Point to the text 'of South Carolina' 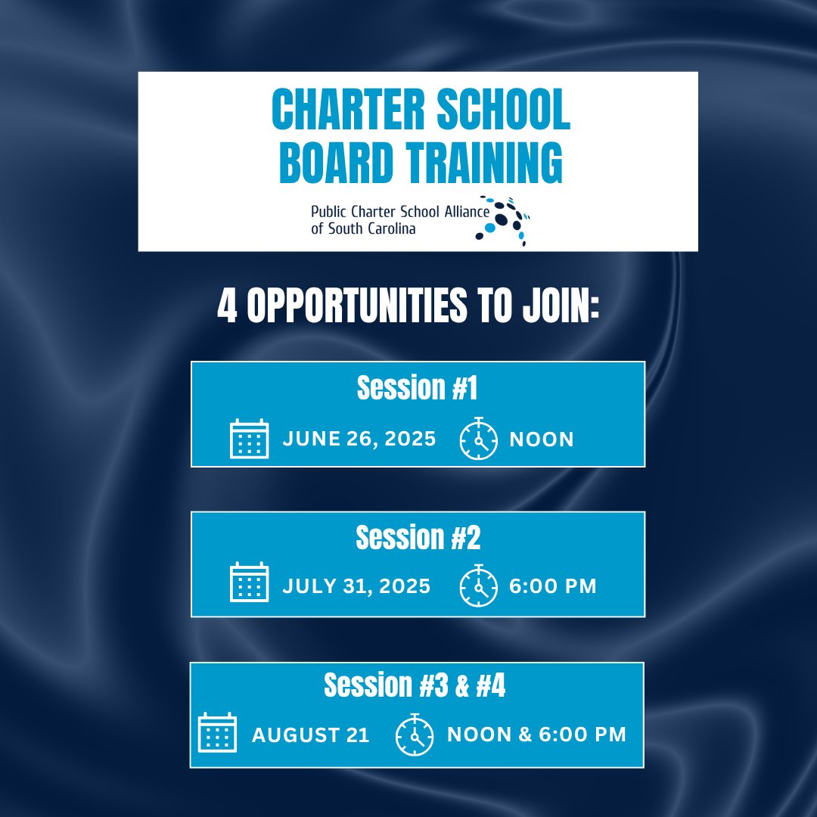tap(363, 228)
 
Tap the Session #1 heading tap(418, 389)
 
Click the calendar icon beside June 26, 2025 tap(249, 439)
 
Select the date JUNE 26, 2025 tap(359, 440)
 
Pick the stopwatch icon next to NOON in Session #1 tap(479, 439)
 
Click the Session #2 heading tap(418, 539)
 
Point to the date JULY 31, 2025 tap(356, 586)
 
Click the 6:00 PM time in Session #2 tap(553, 586)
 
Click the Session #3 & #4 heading tap(415, 686)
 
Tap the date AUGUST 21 tap(311, 735)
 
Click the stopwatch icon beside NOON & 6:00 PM tap(415, 734)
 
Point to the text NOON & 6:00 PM tap(536, 735)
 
